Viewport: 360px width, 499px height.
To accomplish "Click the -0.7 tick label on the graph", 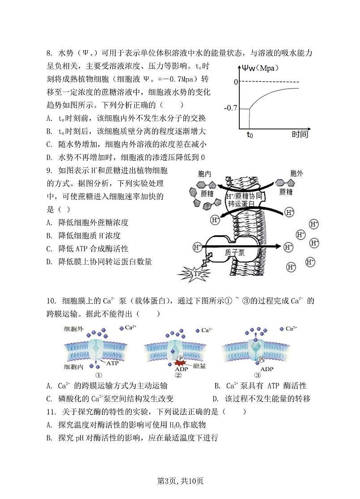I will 232,108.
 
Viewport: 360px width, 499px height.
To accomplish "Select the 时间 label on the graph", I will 300,134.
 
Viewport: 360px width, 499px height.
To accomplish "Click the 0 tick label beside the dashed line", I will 236,82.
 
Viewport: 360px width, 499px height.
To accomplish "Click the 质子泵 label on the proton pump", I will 235,252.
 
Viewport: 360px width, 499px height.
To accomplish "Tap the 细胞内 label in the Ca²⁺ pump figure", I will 73,367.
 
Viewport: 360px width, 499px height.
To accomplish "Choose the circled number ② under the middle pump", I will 178,375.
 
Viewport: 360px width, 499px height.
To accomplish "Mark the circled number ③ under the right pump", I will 257,375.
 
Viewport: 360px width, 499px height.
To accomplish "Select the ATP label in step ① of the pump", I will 112,363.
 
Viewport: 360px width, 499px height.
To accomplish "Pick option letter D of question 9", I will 50,262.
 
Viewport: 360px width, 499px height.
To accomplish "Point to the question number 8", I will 50,53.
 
